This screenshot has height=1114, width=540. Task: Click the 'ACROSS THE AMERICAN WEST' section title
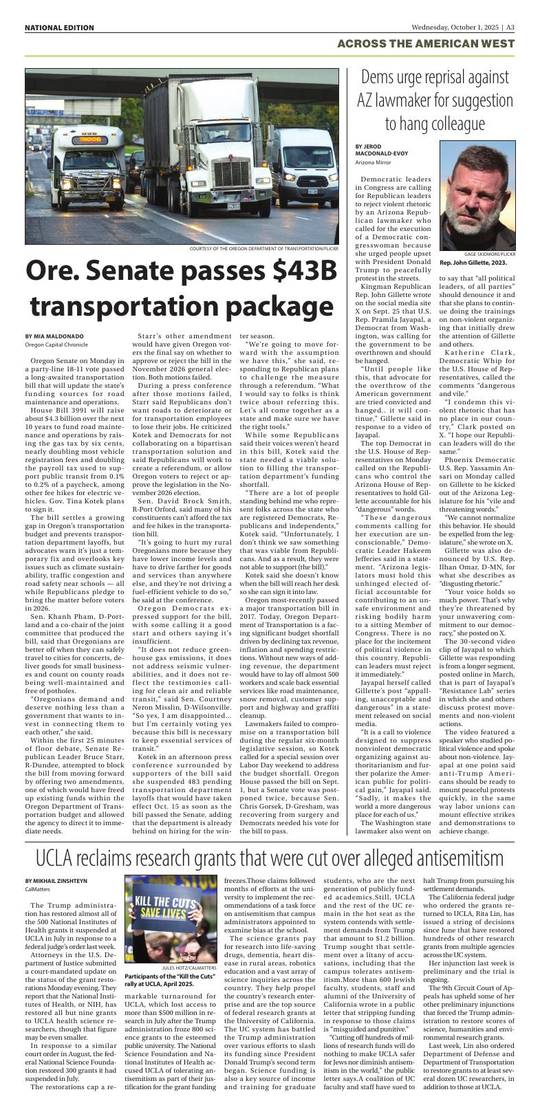pyautogui.click(x=426, y=44)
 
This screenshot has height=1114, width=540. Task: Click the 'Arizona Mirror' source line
pyautogui.click(x=374, y=162)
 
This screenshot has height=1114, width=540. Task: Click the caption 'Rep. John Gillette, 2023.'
pyautogui.click(x=473, y=263)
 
